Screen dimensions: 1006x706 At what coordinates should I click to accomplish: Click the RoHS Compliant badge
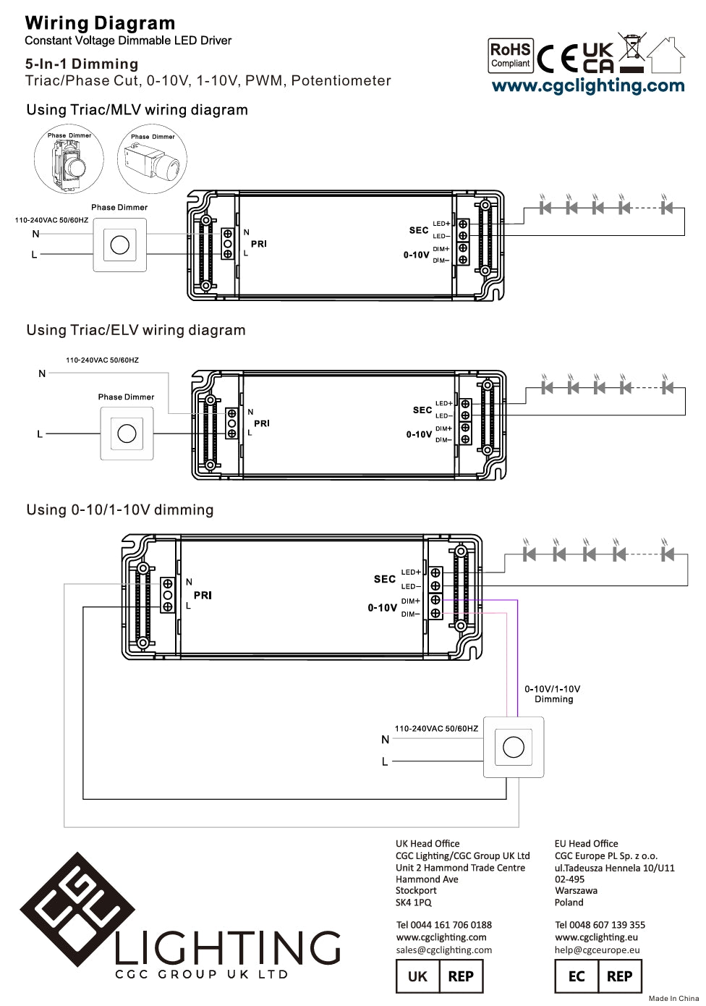[511, 56]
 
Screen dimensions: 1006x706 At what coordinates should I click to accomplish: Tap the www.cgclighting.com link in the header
[587, 86]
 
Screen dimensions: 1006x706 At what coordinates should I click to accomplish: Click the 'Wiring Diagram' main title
[100, 23]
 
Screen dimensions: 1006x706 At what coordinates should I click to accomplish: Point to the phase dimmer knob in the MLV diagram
[120, 245]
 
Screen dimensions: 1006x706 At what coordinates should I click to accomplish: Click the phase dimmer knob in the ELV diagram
[127, 434]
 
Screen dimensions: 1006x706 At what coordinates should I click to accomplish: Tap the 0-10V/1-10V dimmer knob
[514, 747]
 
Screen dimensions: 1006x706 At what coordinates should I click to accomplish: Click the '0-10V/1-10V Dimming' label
[553, 694]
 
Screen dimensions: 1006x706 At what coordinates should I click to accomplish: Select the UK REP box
[440, 976]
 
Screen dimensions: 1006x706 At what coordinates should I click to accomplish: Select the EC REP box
[598, 976]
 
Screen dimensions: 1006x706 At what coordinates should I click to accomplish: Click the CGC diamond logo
[77, 909]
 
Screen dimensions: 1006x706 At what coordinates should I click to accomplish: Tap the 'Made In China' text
[673, 999]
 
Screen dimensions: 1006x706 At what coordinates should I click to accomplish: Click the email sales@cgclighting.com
[443, 950]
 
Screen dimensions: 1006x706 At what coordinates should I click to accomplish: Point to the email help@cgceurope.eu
[597, 950]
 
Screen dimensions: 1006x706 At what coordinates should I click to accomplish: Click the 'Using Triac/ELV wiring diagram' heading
[136, 331]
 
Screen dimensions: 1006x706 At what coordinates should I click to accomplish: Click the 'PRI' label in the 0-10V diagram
[203, 596]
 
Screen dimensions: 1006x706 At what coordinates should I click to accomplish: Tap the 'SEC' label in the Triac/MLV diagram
[419, 230]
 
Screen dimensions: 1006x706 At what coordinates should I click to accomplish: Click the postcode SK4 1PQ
[413, 903]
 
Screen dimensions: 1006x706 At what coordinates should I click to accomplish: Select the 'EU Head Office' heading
[586, 844]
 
